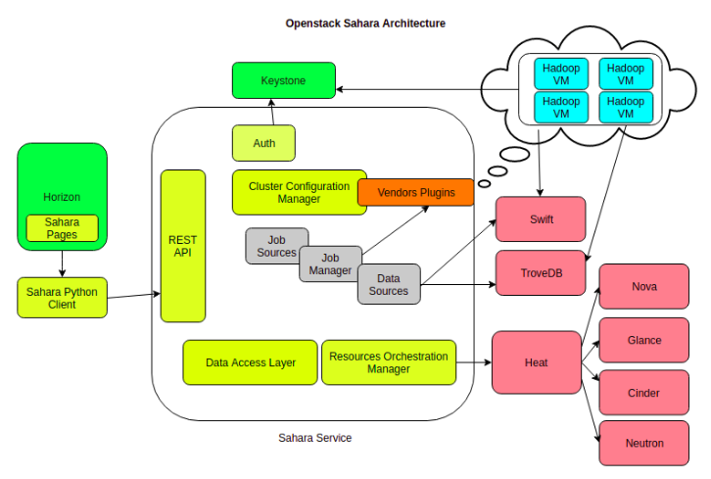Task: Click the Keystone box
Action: click(283, 80)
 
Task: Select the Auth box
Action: click(263, 143)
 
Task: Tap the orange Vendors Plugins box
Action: click(415, 192)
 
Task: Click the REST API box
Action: click(183, 246)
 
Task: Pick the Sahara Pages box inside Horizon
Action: click(62, 228)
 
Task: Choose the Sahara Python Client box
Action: click(62, 298)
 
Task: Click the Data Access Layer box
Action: click(250, 362)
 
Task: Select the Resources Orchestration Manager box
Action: click(388, 362)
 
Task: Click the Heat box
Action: click(536, 362)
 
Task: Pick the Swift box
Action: click(541, 219)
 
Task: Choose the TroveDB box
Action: click(541, 273)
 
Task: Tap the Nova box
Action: click(643, 287)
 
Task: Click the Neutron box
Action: click(643, 444)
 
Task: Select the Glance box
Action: click(643, 340)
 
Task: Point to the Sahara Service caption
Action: click(314, 438)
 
